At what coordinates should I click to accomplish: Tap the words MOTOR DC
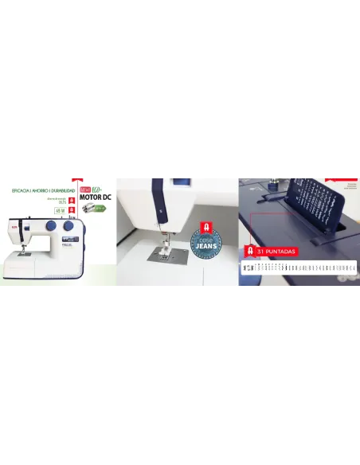(96, 197)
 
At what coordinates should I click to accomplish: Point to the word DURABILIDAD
(64, 191)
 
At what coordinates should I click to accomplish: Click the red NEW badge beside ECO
(86, 189)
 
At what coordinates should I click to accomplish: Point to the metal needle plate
(168, 256)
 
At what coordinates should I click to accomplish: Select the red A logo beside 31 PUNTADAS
(251, 251)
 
